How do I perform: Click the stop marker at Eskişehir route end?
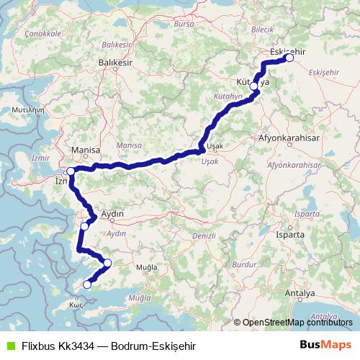(x=289, y=59)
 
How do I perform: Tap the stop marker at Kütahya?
(x=253, y=86)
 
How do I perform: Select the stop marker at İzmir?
(x=71, y=171)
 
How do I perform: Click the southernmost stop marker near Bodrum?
(x=87, y=284)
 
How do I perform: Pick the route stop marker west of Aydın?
(x=84, y=227)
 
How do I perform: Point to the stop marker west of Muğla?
(x=108, y=263)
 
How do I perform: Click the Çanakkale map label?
(x=42, y=33)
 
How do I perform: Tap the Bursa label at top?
(x=184, y=24)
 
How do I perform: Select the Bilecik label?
(x=263, y=29)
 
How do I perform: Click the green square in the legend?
(x=9, y=345)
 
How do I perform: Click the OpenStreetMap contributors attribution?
(x=297, y=323)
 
